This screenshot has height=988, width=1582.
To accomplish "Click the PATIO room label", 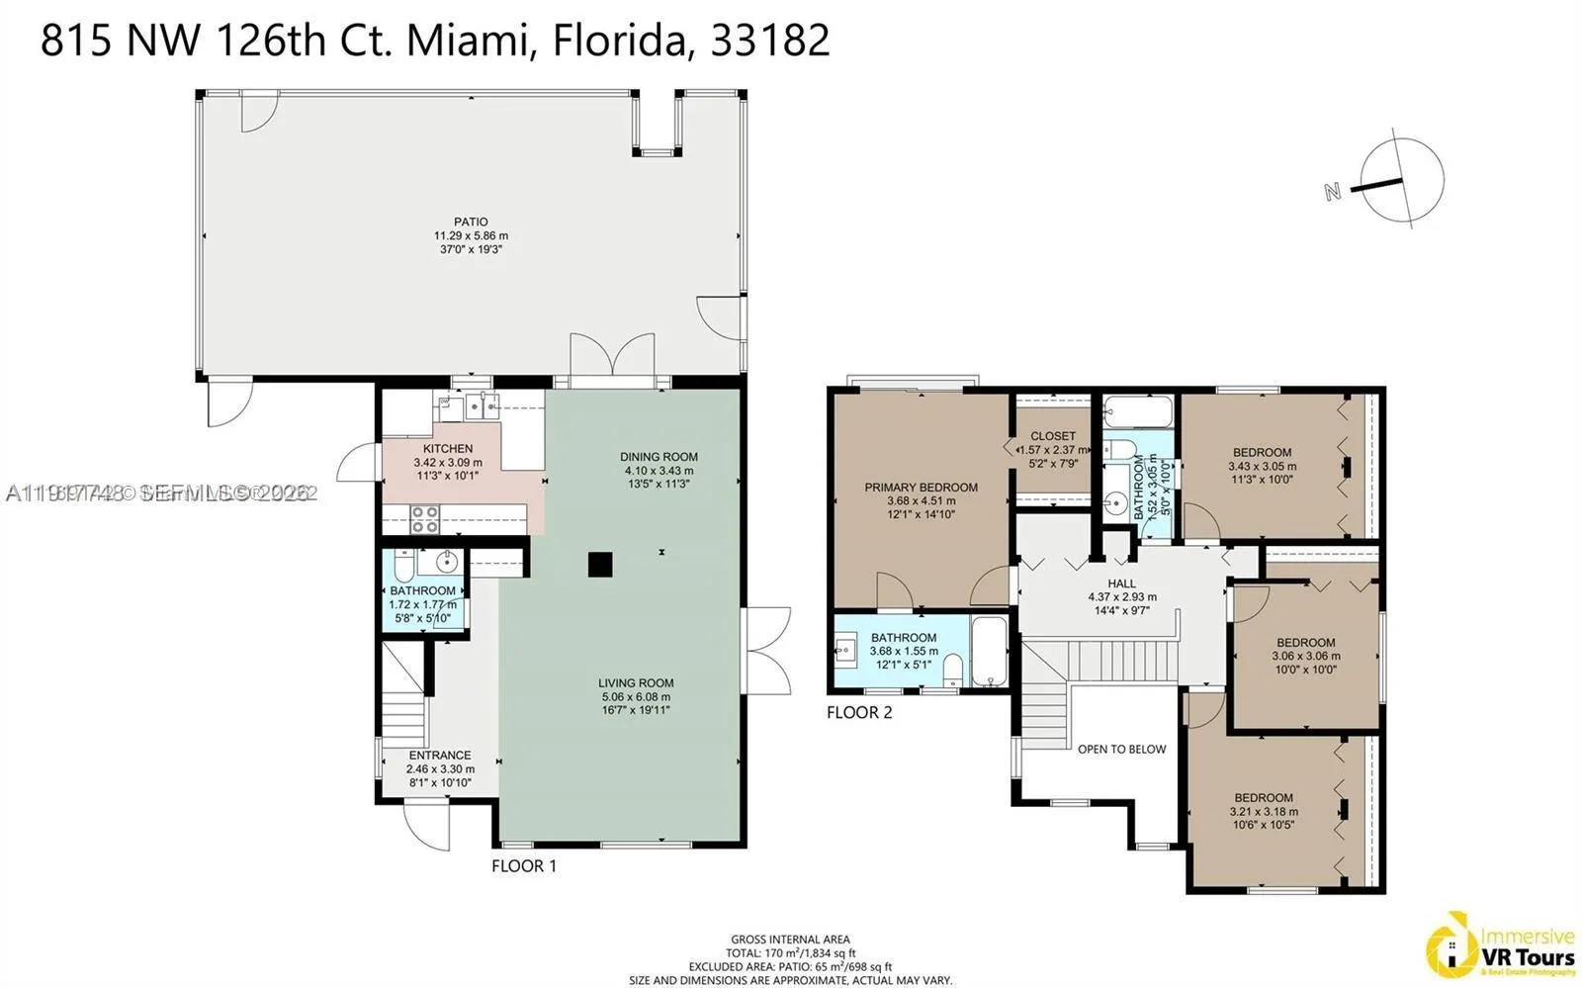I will [471, 223].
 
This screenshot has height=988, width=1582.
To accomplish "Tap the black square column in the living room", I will [600, 564].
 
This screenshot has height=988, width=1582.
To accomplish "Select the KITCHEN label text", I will [448, 449].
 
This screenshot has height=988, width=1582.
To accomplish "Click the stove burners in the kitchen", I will [425, 519].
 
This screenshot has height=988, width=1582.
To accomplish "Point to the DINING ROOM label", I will [659, 457].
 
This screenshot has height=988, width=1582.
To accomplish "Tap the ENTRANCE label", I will [440, 755].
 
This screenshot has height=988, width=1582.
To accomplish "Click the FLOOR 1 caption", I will [524, 866].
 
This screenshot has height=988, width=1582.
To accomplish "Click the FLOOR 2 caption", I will [859, 712].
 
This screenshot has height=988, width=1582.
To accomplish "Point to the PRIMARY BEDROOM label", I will [921, 487].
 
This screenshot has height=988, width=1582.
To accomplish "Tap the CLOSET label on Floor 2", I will [1053, 436].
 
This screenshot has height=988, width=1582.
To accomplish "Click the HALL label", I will [1122, 584].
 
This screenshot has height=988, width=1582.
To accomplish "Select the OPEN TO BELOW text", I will [1121, 749].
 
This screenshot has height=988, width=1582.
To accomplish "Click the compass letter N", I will [1333, 191].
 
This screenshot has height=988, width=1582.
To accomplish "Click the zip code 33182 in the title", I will [770, 41].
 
